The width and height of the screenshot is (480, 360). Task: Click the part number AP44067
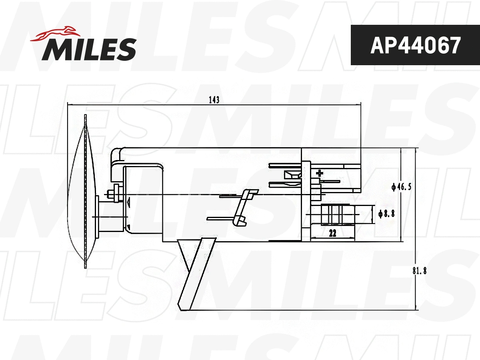(x=415, y=46)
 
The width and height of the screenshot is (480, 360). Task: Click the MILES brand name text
(x=89, y=50)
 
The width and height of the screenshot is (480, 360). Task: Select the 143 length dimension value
(x=214, y=100)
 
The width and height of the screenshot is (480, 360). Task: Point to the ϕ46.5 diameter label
(x=401, y=186)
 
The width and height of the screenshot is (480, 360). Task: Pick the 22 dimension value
(x=332, y=234)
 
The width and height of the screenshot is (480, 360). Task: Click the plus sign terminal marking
(x=319, y=173)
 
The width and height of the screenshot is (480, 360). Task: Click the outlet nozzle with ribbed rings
(x=336, y=214)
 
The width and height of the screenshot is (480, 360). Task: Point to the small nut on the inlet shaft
(x=116, y=194)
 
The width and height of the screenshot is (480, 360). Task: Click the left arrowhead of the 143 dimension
(x=70, y=104)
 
